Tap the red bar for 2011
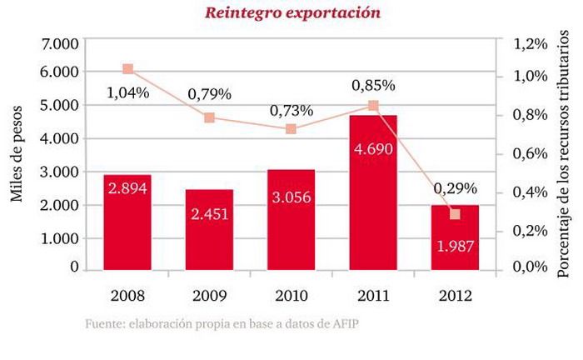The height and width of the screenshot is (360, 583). pyautogui.click(x=373, y=192)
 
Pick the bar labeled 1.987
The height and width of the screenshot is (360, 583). pyautogui.click(x=455, y=237)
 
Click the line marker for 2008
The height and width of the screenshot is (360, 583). pyautogui.click(x=127, y=69)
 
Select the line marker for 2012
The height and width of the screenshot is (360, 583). pyautogui.click(x=455, y=214)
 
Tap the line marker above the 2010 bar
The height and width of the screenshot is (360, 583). pyautogui.click(x=291, y=129)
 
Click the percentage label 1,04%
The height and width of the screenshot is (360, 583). pyautogui.click(x=128, y=93)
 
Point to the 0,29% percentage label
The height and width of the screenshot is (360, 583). pyautogui.click(x=455, y=187)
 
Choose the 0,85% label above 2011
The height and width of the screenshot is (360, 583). pyautogui.click(x=373, y=85)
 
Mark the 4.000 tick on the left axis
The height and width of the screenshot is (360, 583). pyautogui.click(x=59, y=138)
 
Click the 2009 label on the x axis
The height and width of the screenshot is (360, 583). pyautogui.click(x=209, y=296)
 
